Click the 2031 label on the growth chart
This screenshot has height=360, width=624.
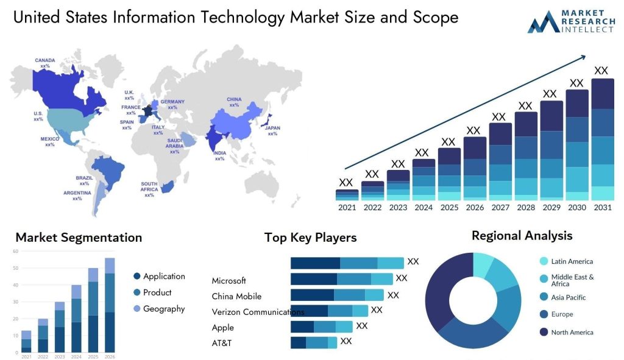(x=602, y=208)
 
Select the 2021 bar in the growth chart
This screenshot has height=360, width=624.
(x=347, y=194)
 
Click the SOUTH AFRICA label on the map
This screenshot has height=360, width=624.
(x=149, y=186)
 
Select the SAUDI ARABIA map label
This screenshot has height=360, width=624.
(x=174, y=145)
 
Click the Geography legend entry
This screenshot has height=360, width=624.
(x=163, y=309)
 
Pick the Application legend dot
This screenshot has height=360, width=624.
(x=136, y=277)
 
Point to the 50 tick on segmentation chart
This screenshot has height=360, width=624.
(x=15, y=268)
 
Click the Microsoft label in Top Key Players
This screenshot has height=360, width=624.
(x=229, y=281)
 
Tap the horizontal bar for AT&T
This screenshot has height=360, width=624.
(x=313, y=343)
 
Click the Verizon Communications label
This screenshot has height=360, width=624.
(x=258, y=312)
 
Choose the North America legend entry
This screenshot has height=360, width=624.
(x=572, y=333)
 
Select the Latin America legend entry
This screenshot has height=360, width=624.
(x=572, y=261)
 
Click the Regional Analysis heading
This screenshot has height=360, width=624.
(x=522, y=236)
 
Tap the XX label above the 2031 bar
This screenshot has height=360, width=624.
(x=601, y=71)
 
